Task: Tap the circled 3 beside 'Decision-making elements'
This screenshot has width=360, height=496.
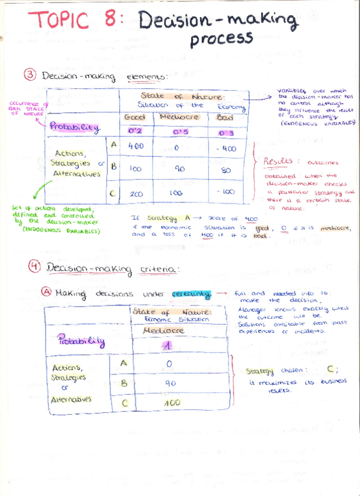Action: point(31,75)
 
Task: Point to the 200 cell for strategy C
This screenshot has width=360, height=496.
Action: point(136,194)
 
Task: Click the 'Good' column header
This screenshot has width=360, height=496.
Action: point(135,118)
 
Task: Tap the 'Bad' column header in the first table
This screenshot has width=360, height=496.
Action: point(225,118)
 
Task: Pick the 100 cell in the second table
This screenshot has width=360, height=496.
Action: point(171,404)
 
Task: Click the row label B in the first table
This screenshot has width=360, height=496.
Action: point(114,167)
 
